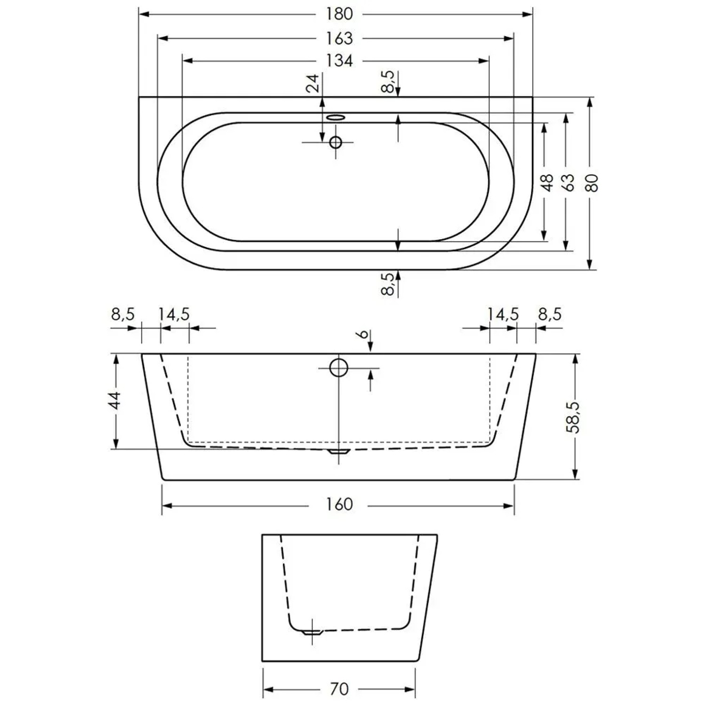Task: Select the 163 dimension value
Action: [x=339, y=38]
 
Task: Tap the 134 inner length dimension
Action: [x=339, y=61]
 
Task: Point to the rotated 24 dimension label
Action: [x=313, y=83]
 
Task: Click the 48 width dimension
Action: [x=547, y=182]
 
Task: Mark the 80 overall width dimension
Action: [x=593, y=182]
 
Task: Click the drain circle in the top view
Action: [x=336, y=142]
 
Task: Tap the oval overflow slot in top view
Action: [x=336, y=117]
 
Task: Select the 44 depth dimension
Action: [x=116, y=400]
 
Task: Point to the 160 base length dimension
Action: [x=339, y=504]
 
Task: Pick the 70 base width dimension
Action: [x=339, y=689]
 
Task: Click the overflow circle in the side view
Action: [x=338, y=368]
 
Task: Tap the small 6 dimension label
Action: [x=362, y=334]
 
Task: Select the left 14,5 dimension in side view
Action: [x=174, y=314]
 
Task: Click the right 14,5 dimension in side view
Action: [x=502, y=314]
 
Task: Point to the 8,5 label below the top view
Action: [x=388, y=284]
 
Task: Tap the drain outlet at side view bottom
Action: [x=339, y=451]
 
